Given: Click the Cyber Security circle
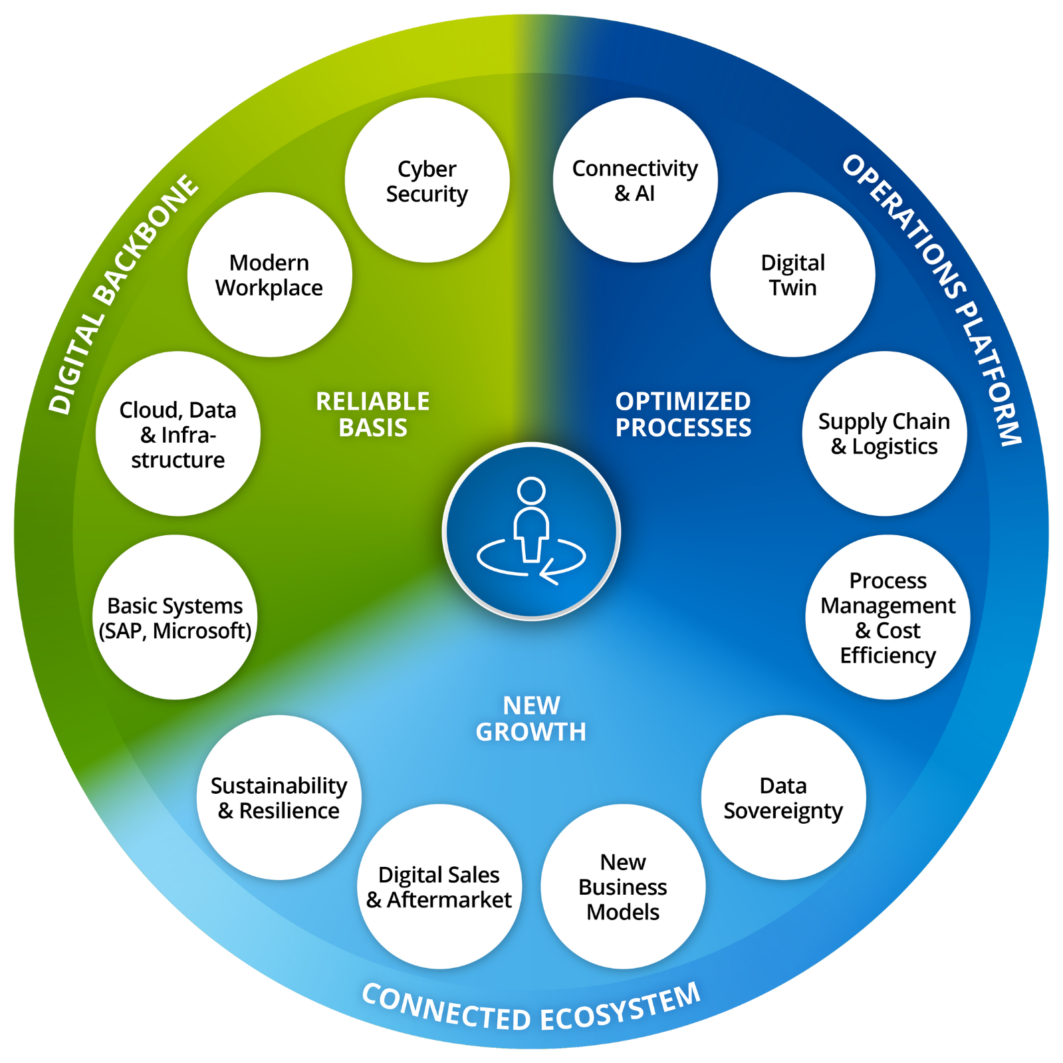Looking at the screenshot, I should (427, 180).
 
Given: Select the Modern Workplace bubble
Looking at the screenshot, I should (269, 275).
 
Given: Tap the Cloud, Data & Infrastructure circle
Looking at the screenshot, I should (177, 433).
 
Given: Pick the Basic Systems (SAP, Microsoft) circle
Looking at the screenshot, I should (175, 617).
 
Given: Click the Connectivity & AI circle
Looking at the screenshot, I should (635, 180).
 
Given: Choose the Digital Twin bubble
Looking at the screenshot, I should (792, 275).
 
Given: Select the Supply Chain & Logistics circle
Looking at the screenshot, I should (884, 433).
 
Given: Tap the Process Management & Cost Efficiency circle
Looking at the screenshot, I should (887, 617).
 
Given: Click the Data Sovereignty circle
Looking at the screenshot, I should (783, 797).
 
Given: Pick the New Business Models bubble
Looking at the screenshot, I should (623, 886).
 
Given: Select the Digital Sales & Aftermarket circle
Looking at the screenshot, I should (439, 886).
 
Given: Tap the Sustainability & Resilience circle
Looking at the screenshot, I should (279, 797).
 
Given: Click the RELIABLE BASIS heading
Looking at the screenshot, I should (373, 414).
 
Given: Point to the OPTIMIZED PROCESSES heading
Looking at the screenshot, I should (683, 414).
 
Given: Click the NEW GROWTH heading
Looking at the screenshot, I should (531, 718).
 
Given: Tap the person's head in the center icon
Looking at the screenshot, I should (531, 491).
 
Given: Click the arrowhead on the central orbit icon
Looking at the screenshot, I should (547, 572).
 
